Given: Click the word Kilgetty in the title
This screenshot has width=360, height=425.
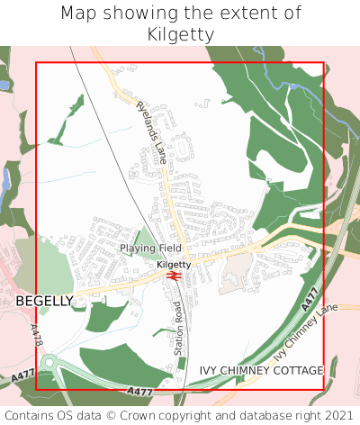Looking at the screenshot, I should (x=180, y=34).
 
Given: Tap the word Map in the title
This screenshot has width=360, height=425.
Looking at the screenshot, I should (x=78, y=14).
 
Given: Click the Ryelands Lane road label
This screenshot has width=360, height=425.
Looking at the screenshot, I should (x=152, y=131).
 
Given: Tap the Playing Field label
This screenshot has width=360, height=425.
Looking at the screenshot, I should (x=151, y=248).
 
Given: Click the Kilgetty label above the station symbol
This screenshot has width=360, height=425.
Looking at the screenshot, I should (x=174, y=265).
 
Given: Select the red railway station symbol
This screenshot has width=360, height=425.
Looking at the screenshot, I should (x=174, y=276).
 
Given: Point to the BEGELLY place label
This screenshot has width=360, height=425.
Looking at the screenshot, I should (x=44, y=301).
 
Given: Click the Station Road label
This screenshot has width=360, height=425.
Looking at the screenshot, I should (x=178, y=327).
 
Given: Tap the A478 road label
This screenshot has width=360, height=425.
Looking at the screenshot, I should (x=37, y=336).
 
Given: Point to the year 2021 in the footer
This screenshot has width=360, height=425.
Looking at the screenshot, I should (x=338, y=415).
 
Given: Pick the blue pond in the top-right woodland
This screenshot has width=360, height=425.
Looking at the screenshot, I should (x=293, y=86).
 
